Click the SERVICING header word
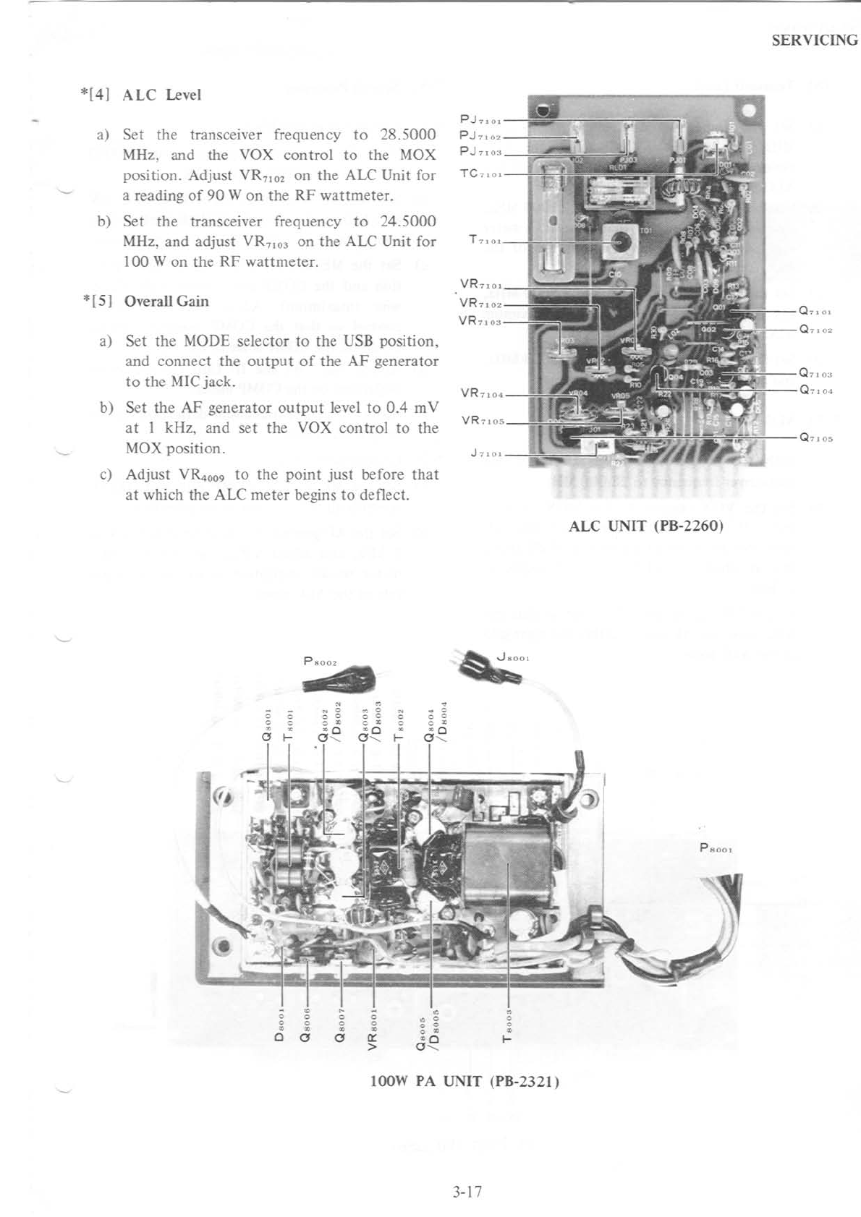tap(814, 40)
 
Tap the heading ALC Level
tap(161, 95)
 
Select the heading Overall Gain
tap(166, 302)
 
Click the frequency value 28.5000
tap(407, 134)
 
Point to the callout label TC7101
tap(481, 174)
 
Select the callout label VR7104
tap(481, 395)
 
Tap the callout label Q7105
tap(815, 438)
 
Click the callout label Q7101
tap(815, 312)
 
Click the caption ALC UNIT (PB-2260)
tap(646, 525)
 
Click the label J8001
tap(514, 657)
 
